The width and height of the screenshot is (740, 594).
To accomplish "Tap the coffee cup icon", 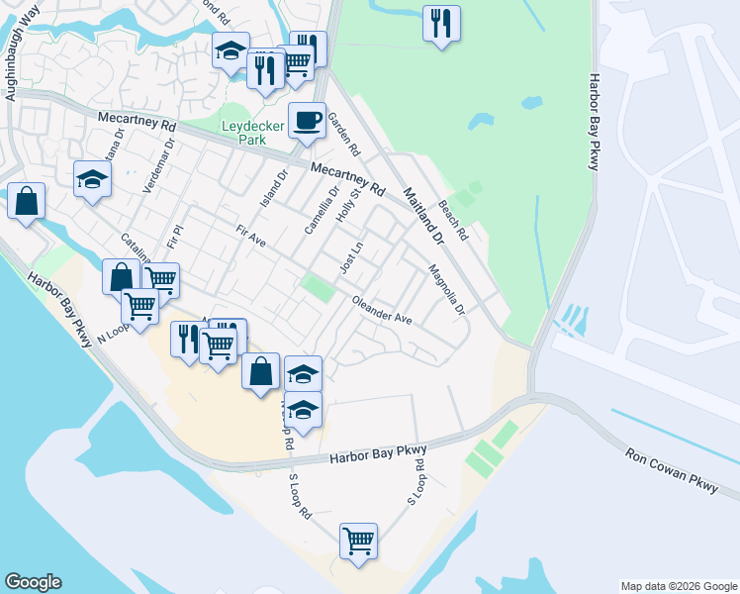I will click(307, 120).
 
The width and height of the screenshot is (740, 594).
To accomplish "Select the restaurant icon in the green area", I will click(441, 22).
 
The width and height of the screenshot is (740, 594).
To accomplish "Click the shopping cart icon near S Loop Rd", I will click(358, 541).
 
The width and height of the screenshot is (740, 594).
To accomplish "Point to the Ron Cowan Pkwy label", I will click(669, 470).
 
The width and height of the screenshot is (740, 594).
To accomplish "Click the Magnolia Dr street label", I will click(446, 289).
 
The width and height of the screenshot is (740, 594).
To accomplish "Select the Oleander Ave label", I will click(382, 311).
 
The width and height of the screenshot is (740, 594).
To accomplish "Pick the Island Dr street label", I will click(280, 181).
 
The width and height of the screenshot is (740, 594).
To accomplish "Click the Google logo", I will click(33, 582).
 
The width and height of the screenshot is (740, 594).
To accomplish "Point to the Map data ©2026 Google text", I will click(678, 586).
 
